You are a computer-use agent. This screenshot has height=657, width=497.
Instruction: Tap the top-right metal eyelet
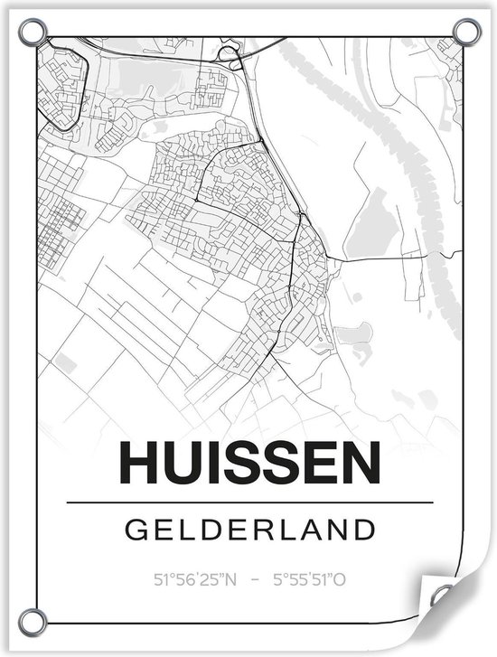[466, 33]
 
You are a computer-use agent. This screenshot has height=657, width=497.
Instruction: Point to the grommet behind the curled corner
[444, 596]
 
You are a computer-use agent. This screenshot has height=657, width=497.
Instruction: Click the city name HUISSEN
[249, 463]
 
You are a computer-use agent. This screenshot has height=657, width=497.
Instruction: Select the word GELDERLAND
[250, 528]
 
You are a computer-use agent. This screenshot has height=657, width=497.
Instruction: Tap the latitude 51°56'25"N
[195, 579]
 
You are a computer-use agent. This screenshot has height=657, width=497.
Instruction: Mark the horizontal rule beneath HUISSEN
[249, 502]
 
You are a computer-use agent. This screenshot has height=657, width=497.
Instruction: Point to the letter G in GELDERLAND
[136, 528]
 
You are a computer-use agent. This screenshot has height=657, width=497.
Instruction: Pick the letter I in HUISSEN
[218, 463]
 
